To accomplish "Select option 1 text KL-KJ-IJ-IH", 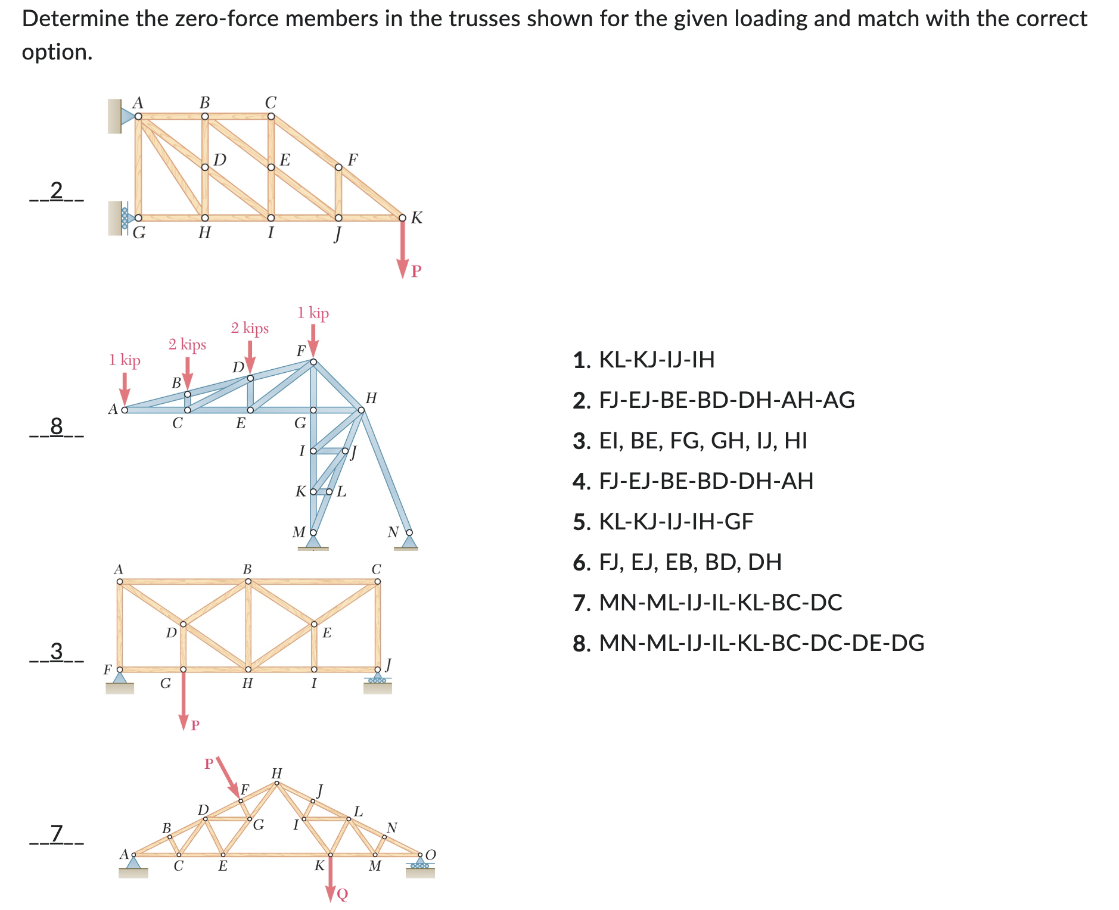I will click(656, 360).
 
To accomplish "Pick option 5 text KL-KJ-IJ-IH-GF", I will click(676, 522).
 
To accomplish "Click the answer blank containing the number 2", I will click(57, 191).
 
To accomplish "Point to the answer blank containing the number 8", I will click(57, 426).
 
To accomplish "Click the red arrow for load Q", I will click(331, 878).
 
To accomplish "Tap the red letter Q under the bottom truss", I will click(343, 895).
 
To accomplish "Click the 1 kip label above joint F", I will click(313, 313).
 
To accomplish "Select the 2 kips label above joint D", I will click(250, 328).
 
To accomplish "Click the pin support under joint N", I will click(409, 541).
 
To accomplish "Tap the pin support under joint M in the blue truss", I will click(313, 542).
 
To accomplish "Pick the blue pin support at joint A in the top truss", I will click(127, 116).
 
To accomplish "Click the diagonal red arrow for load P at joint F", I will click(228, 777).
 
